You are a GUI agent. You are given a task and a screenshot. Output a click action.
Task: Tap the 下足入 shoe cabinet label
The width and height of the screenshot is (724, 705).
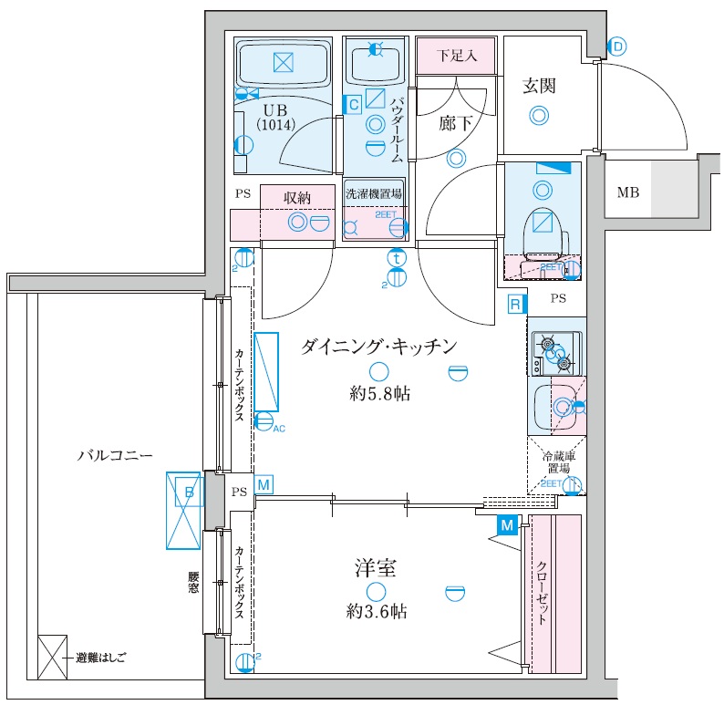(x=456, y=56)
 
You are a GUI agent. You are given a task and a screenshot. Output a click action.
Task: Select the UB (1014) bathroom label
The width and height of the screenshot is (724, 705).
(x=274, y=117)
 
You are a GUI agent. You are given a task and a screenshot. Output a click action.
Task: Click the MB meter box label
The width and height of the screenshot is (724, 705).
(x=628, y=192)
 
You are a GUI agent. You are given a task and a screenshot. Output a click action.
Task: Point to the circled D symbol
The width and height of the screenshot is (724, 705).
(x=618, y=45)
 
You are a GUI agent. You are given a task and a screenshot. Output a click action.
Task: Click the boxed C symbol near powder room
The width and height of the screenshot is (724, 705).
(x=353, y=104)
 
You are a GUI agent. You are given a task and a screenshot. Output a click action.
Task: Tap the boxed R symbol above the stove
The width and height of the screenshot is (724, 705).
(x=516, y=304)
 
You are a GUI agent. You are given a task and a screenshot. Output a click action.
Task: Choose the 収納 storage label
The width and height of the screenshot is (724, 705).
(x=297, y=197)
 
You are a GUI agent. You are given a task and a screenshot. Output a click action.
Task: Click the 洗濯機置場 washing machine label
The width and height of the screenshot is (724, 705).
(x=373, y=194)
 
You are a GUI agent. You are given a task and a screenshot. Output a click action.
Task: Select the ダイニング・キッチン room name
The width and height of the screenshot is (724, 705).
(x=378, y=346)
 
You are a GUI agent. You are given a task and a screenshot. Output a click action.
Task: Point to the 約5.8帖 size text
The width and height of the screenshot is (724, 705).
(x=378, y=394)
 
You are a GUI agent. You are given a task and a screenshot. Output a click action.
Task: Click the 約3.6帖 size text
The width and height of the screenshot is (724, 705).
(x=376, y=612)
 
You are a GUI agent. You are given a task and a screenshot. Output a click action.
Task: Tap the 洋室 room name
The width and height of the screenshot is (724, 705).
(x=375, y=569)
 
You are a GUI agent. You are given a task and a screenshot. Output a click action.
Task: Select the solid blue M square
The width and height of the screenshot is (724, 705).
(x=508, y=524)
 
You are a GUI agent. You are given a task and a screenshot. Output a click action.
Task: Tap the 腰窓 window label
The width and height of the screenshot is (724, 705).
(x=193, y=584)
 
